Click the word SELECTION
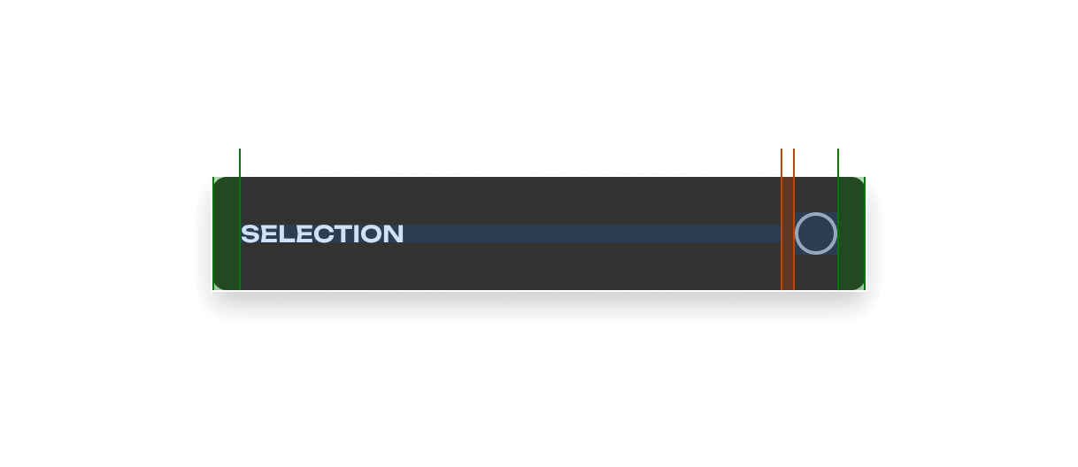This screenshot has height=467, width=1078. point(322,233)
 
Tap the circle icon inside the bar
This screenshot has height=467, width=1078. point(816,233)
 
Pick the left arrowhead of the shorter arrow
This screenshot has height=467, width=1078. point(243,162)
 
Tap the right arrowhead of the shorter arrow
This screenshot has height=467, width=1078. point(778,162)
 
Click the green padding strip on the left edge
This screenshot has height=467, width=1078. point(226,233)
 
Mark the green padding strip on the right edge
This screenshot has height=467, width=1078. point(851,233)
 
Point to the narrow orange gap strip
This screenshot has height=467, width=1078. point(788,233)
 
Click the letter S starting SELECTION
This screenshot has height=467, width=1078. point(250,233)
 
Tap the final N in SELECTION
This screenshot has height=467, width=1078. point(394,233)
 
